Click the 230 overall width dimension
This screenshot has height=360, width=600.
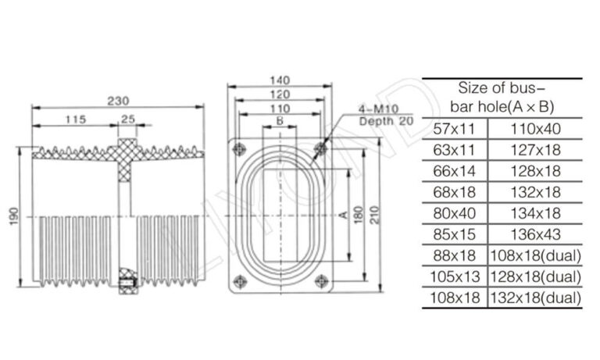[x=118, y=101]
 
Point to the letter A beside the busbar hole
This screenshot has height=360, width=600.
[x=343, y=213]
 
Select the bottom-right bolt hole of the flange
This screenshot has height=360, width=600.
[x=320, y=280]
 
